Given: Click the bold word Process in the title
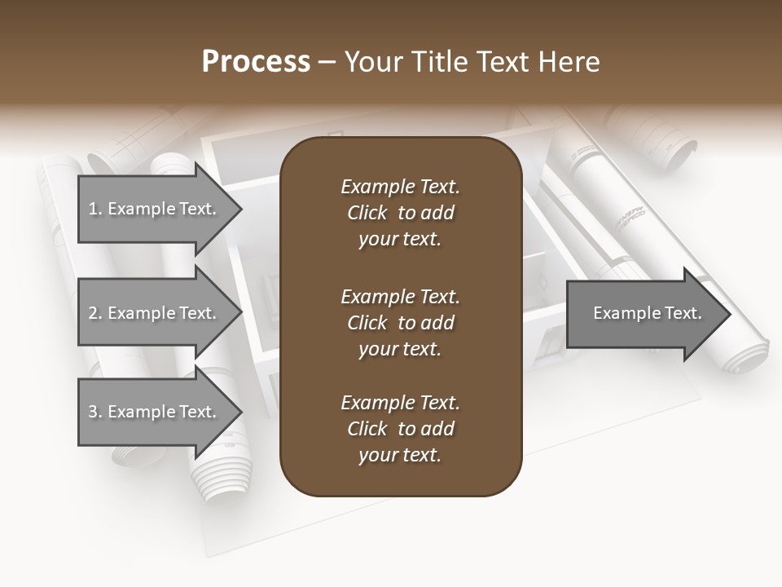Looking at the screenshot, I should click(256, 62).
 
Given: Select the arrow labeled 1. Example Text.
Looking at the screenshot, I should click(155, 209).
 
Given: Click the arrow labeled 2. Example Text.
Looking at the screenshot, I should click(155, 313).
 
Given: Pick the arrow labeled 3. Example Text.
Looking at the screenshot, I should click(155, 412).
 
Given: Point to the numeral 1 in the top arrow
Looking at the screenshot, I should click(92, 209).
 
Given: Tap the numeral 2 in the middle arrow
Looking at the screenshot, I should click(93, 313).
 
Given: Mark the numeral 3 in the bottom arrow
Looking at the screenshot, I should click(93, 412).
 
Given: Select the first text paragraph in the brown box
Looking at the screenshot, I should click(400, 213).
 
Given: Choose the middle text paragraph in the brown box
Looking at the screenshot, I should click(400, 322).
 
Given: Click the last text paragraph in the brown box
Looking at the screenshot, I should click(400, 429).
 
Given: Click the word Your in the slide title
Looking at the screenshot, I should click(374, 62).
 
